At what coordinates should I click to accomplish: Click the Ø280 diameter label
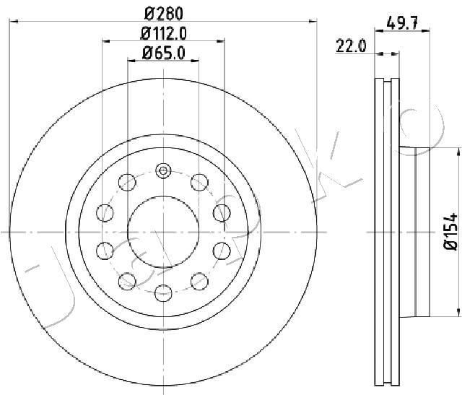click(164, 14)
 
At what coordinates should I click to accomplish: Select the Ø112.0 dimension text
click(164, 34)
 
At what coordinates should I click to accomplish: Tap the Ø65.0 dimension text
click(164, 53)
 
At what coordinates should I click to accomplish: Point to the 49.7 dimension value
click(402, 23)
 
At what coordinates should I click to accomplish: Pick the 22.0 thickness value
click(351, 46)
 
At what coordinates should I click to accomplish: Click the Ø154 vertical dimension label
click(450, 232)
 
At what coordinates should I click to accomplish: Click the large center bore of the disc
click(164, 232)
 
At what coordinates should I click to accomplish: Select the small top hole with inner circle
click(163, 171)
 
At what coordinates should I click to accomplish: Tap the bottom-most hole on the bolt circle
click(163, 293)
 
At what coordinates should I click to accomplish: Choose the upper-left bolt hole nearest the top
click(127, 182)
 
